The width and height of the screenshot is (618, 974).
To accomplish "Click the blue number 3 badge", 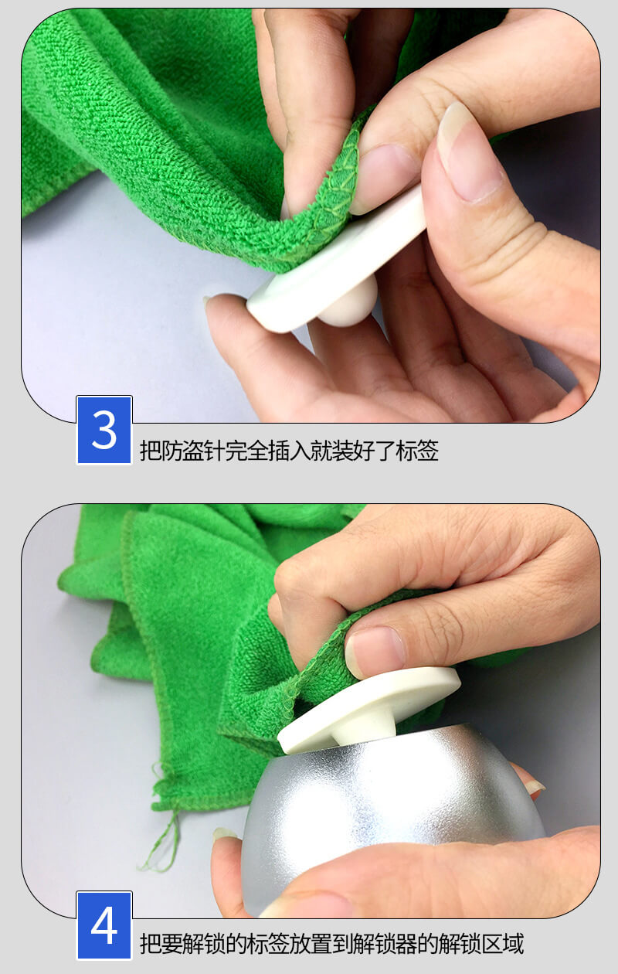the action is [x=104, y=430].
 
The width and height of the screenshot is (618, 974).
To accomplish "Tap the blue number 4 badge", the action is [x=104, y=925].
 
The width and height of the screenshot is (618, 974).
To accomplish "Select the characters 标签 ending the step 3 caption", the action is [x=417, y=451].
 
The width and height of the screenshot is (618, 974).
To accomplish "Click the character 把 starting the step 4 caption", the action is [x=151, y=943].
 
